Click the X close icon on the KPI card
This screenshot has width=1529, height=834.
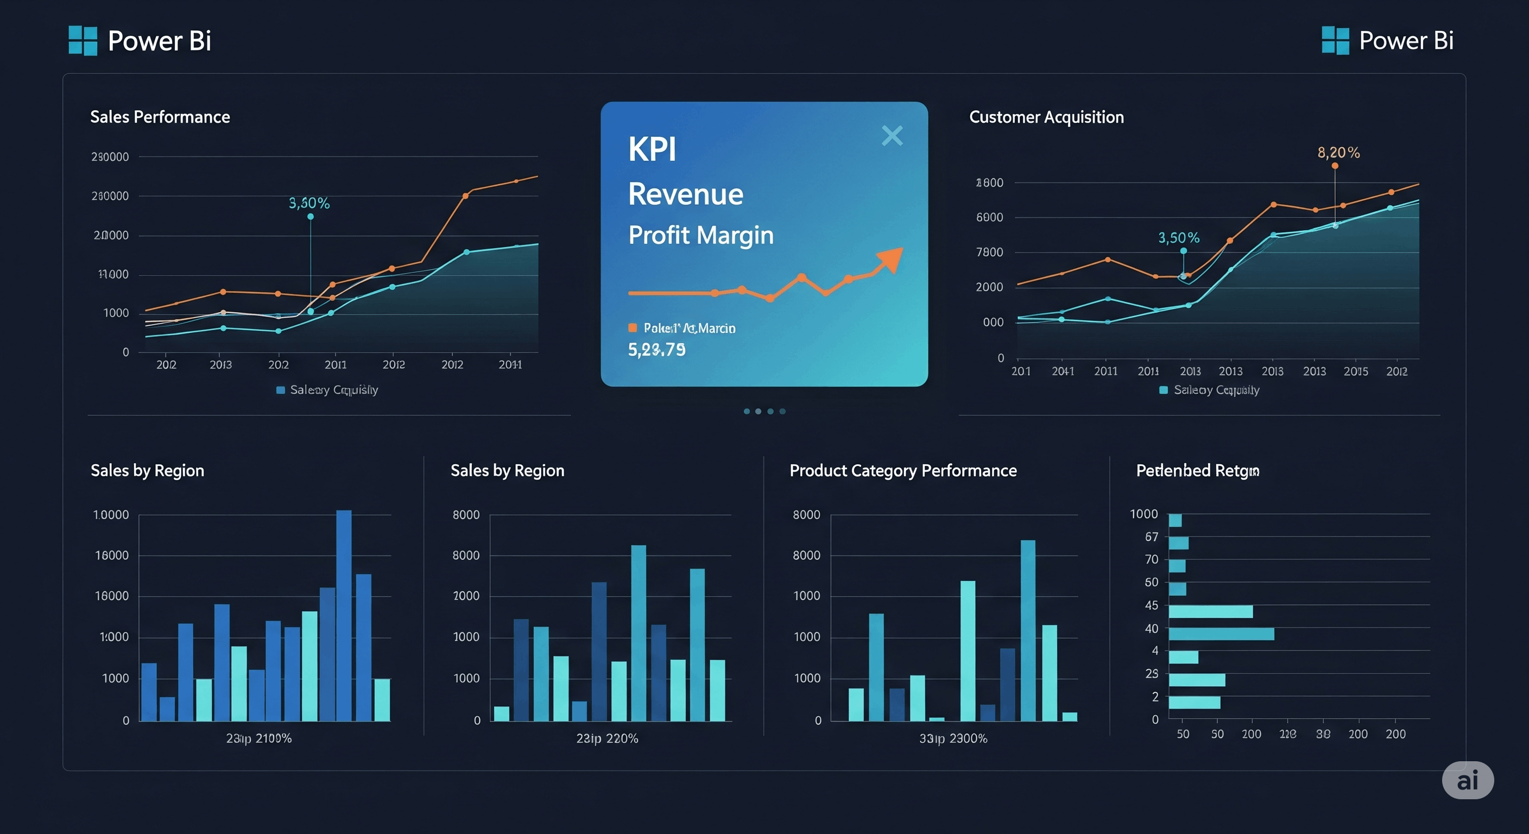tap(892, 136)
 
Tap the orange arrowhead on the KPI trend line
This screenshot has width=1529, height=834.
tap(891, 259)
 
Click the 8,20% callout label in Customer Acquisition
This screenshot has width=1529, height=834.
tap(1338, 153)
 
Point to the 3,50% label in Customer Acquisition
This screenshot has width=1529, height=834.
tap(1178, 238)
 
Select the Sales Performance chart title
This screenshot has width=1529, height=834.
tap(160, 117)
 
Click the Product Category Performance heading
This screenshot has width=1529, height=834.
tap(902, 471)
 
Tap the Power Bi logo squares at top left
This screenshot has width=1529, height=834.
tap(83, 40)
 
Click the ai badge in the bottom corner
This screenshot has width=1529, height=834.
tap(1467, 780)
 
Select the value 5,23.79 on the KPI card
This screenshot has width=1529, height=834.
tap(656, 350)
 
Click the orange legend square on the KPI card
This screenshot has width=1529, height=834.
tap(633, 327)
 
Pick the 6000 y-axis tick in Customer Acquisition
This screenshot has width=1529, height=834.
tap(989, 217)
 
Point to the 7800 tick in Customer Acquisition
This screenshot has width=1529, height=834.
tap(989, 252)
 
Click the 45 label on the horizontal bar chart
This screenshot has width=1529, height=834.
tap(1151, 605)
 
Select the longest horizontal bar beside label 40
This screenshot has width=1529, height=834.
tap(1221, 634)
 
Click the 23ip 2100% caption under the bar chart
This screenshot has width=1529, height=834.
tap(259, 738)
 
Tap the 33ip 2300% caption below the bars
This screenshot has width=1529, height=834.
tap(953, 738)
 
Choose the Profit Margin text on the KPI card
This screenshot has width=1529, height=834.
tap(700, 235)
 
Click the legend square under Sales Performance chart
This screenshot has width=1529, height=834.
tap(281, 390)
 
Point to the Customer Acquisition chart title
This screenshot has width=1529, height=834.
tap(1046, 117)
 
